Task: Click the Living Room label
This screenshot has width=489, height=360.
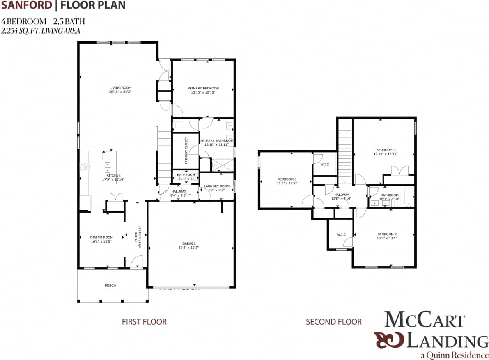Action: coord(120,87)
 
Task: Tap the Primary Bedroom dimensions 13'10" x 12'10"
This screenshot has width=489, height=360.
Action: coord(203,93)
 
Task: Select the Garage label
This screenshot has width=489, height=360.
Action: coord(189,243)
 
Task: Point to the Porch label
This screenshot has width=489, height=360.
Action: coord(110,286)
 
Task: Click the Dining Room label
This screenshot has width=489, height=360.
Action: coord(101,237)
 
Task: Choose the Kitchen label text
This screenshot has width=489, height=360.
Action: coord(113,175)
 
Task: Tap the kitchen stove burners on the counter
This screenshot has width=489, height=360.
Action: coord(84,167)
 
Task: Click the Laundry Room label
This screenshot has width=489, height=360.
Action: coord(216,186)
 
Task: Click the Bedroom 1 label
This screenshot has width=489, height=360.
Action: coord(287,179)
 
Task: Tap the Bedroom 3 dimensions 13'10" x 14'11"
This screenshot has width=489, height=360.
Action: coord(386,154)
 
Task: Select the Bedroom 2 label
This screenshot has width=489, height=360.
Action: coord(387,234)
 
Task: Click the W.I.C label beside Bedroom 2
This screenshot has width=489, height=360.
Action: coord(341,234)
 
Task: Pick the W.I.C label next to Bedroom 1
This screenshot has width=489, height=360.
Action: coord(324,165)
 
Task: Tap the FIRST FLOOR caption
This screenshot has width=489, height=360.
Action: coord(144,322)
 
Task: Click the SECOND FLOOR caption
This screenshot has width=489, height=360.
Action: coord(333,322)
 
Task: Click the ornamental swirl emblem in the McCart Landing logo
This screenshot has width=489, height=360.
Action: coord(388,340)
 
